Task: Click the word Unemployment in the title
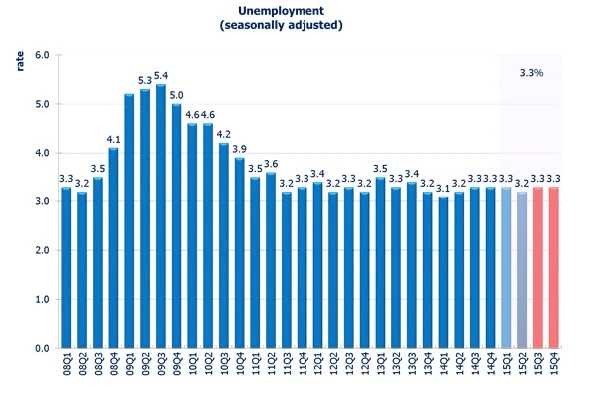tap(281, 11)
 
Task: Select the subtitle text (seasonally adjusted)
tap(281, 25)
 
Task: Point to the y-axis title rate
tap(20, 61)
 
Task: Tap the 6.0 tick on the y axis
tap(42, 55)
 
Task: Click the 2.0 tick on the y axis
tap(42, 250)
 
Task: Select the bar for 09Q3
tap(161, 216)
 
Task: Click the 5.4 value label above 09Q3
tap(161, 76)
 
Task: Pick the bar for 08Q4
tap(113, 248)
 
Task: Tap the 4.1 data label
tap(113, 139)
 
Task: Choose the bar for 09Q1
tap(129, 220)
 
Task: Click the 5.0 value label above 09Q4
tap(177, 95)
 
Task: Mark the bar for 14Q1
tap(443, 272)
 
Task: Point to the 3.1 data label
tap(443, 189)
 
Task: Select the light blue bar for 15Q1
tap(506, 267)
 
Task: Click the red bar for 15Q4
tap(553, 267)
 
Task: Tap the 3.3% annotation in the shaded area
tap(531, 73)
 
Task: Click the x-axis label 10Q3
tap(224, 364)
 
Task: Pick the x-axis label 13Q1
tap(380, 364)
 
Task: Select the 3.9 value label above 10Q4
tap(240, 149)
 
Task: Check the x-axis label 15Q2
tap(522, 364)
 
